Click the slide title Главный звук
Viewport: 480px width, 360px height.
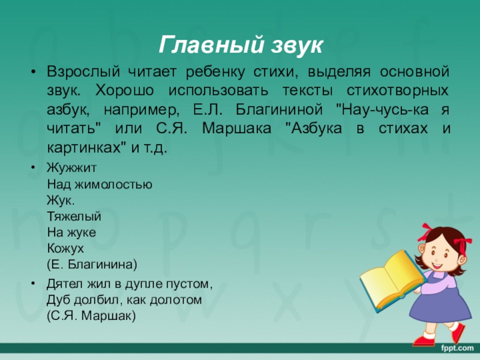click(240, 45)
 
